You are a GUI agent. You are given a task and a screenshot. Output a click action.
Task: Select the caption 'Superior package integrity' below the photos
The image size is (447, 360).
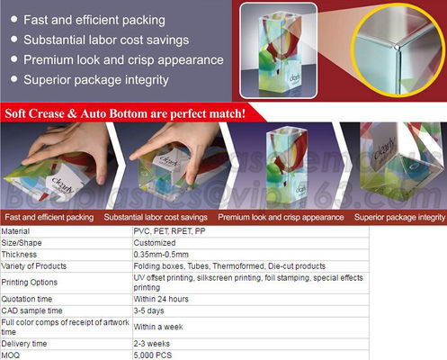point(399,218)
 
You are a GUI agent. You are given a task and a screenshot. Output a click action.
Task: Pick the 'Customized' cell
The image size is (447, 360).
point(155,243)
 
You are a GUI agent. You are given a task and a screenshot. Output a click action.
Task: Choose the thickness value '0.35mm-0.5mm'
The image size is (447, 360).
point(163,255)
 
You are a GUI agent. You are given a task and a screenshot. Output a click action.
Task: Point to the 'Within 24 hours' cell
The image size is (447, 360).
point(161,299)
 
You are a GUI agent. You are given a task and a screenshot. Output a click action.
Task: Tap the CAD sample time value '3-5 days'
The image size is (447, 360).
point(148,310)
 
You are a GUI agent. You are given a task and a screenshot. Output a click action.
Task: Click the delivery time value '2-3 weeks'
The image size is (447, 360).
point(152,343)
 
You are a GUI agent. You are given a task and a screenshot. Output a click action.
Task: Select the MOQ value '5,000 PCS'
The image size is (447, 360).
point(154,355)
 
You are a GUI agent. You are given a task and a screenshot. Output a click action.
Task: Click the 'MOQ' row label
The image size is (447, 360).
point(13,355)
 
